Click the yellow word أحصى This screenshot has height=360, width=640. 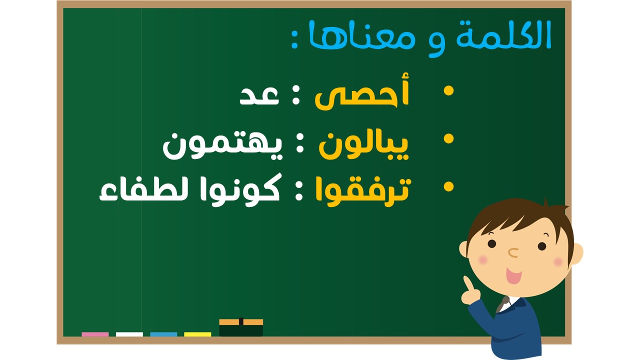coord(361,91)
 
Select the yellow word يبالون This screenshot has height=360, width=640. coord(363,145)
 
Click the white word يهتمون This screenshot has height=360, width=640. coord(222,145)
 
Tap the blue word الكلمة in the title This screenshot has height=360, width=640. coord(503,35)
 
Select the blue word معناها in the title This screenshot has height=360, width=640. coord(361,35)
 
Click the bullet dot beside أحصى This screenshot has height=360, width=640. coord(448,91)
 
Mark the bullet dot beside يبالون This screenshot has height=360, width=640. coord(448,139)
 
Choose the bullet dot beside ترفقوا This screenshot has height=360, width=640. coord(448,187)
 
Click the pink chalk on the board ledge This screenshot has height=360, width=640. coord(95,334)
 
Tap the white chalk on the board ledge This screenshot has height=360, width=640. coord(129,334)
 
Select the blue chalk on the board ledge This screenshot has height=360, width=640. coord(163,334)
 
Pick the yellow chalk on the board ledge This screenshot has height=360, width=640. coord(197,334)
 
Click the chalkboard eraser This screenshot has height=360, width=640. coord(241,327)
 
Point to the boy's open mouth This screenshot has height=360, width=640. coord(513,275)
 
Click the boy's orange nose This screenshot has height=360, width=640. coord(513,252)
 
